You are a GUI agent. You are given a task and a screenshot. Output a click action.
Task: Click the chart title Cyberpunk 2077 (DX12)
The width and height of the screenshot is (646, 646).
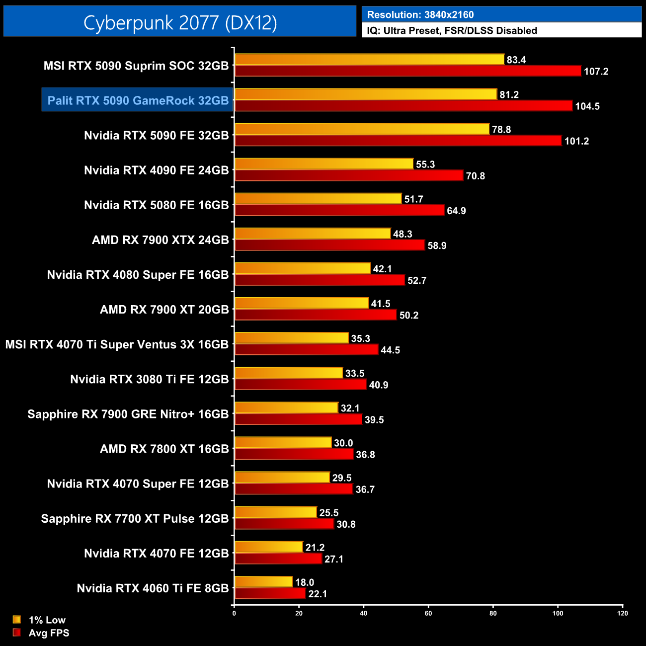click(x=180, y=22)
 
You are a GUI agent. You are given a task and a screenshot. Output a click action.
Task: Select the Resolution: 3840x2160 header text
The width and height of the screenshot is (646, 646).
click(x=420, y=15)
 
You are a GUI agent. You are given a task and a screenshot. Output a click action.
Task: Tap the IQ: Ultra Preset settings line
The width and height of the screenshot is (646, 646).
click(x=452, y=31)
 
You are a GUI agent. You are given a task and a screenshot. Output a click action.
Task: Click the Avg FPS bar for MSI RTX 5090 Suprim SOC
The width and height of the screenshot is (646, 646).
click(x=407, y=71)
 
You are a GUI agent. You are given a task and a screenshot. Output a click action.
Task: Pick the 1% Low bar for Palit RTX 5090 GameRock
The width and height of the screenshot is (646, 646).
click(x=365, y=94)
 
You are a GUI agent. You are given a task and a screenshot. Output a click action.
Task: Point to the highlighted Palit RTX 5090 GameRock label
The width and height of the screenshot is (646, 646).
click(x=138, y=100)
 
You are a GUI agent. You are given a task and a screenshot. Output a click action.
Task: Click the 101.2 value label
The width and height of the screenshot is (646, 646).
click(x=576, y=141)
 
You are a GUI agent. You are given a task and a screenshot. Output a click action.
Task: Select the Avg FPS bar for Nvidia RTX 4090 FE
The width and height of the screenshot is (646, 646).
click(x=349, y=175)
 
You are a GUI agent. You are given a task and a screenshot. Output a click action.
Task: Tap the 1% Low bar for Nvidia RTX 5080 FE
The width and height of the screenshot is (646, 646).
click(x=318, y=199)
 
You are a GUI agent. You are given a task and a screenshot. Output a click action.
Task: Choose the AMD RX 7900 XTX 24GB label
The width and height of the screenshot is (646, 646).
click(x=161, y=240)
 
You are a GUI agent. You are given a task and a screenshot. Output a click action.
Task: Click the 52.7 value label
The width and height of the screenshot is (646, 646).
click(x=417, y=281)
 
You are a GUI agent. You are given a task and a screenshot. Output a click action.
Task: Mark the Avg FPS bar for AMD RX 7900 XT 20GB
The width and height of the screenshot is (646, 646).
click(x=316, y=315)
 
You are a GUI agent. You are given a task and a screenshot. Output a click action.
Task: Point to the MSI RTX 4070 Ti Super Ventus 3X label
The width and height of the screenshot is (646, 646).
click(x=117, y=344)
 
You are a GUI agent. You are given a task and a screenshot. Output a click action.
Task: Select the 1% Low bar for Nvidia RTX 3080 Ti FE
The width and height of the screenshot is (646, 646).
click(x=289, y=373)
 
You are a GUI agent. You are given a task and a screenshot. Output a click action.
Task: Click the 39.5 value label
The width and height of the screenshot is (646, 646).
click(x=374, y=420)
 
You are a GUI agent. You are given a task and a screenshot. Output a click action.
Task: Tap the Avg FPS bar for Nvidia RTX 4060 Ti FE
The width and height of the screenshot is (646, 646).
click(x=270, y=594)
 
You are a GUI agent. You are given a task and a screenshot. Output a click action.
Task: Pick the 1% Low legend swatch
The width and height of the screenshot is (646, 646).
click(x=17, y=620)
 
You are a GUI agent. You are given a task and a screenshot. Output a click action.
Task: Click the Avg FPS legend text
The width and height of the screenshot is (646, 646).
click(x=49, y=633)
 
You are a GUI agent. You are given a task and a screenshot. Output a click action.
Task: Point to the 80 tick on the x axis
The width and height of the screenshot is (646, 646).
click(x=493, y=613)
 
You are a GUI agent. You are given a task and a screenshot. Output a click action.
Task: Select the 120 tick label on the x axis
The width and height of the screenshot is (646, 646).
click(x=622, y=613)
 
